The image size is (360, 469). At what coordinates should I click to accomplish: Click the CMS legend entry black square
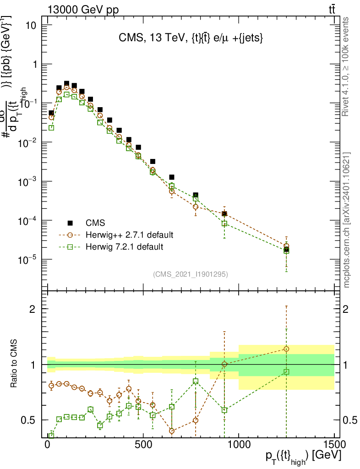70,223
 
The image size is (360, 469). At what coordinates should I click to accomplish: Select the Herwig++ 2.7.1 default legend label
129,235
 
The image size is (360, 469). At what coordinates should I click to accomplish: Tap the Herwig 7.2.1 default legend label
124,247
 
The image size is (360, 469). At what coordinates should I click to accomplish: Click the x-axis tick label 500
143,445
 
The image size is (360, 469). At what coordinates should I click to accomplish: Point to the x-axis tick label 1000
239,445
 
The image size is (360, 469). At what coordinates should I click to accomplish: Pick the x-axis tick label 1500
334,445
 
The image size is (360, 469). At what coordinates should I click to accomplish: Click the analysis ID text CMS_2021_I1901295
191,274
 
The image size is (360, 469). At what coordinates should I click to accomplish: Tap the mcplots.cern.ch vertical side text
347,220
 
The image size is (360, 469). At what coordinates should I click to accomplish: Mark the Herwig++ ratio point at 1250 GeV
286,349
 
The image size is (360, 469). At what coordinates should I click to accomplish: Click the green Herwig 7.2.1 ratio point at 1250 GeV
286,371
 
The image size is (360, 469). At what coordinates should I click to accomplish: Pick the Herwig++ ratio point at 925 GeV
224,364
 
